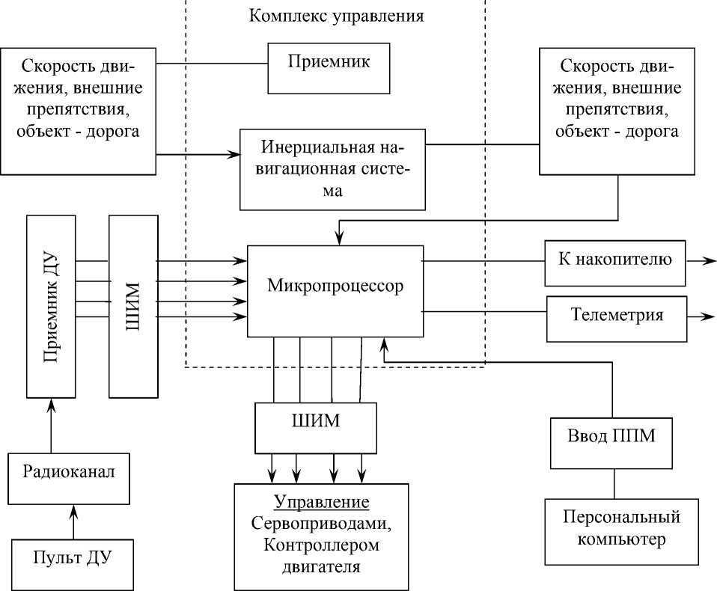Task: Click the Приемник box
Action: [x=329, y=68]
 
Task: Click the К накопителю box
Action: [x=614, y=263]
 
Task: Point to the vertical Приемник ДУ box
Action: [x=52, y=307]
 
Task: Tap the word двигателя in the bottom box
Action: [x=322, y=566]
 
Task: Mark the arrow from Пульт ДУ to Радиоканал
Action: [x=73, y=521]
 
